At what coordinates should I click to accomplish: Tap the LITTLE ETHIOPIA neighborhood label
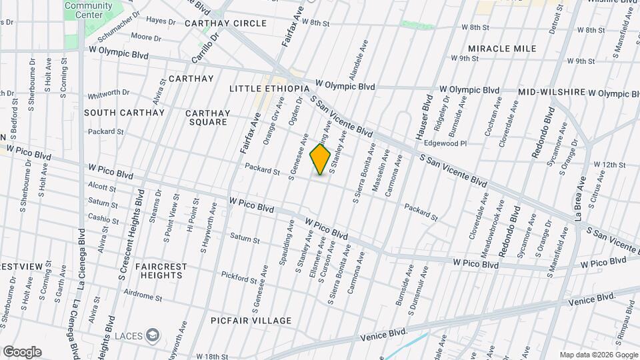tap(269, 89)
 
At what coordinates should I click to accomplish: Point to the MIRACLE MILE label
tap(502, 49)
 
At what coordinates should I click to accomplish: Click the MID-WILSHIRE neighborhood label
tap(551, 92)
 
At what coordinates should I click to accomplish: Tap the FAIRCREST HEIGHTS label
tap(161, 270)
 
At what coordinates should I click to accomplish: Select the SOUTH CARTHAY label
tap(124, 113)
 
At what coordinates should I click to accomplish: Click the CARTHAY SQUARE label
tap(208, 117)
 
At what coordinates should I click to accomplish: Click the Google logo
tap(22, 351)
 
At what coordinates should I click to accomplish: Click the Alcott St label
tap(102, 187)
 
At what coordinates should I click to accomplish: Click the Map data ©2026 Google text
tap(598, 355)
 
